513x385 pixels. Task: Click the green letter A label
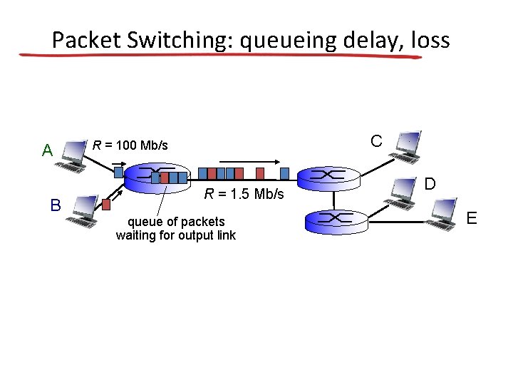pos(47,150)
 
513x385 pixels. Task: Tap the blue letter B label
pos(56,205)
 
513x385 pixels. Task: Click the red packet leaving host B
pos(106,204)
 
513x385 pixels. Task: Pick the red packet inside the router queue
pos(165,178)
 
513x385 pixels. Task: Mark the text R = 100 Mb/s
pos(130,145)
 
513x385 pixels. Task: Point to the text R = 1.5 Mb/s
pos(244,194)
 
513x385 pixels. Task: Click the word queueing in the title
pos(286,40)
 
